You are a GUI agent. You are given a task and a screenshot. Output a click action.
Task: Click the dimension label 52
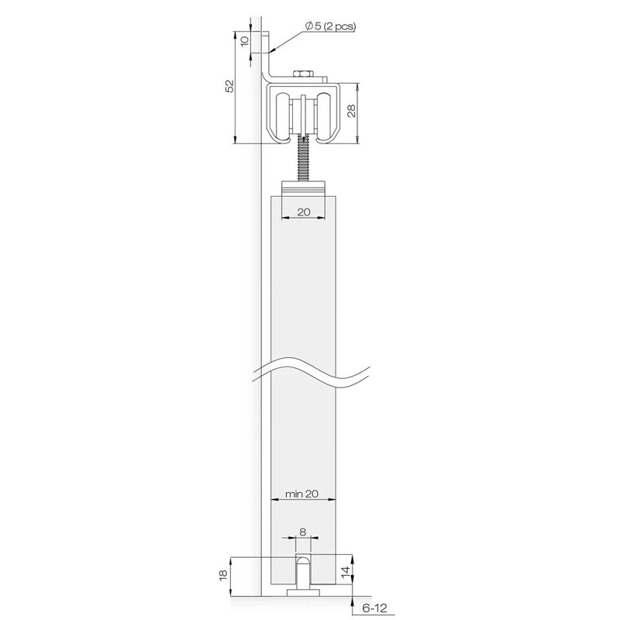[229, 85]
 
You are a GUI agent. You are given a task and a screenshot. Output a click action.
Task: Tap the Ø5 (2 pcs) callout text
[330, 26]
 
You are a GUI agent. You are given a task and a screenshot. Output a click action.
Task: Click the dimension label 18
[224, 574]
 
